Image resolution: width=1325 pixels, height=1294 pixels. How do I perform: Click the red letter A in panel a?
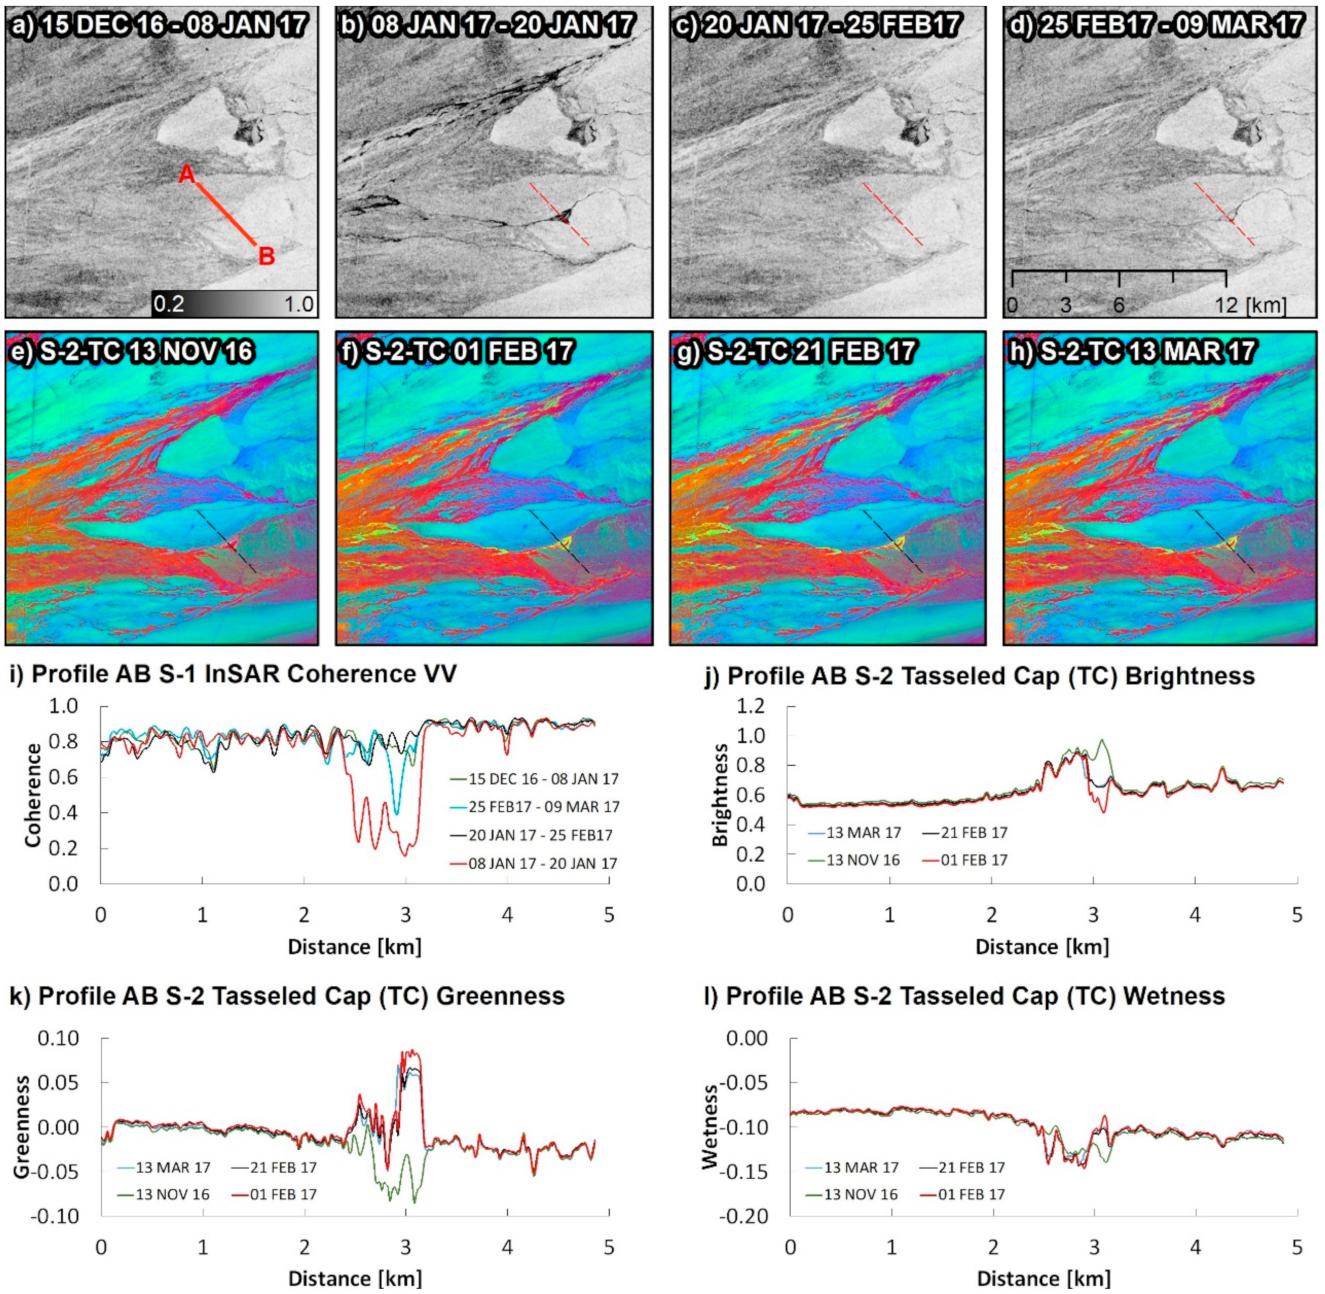point(187,175)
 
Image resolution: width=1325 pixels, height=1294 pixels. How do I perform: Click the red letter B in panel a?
point(266,257)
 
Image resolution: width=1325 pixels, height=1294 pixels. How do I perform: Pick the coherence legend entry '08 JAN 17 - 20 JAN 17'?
point(543,864)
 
